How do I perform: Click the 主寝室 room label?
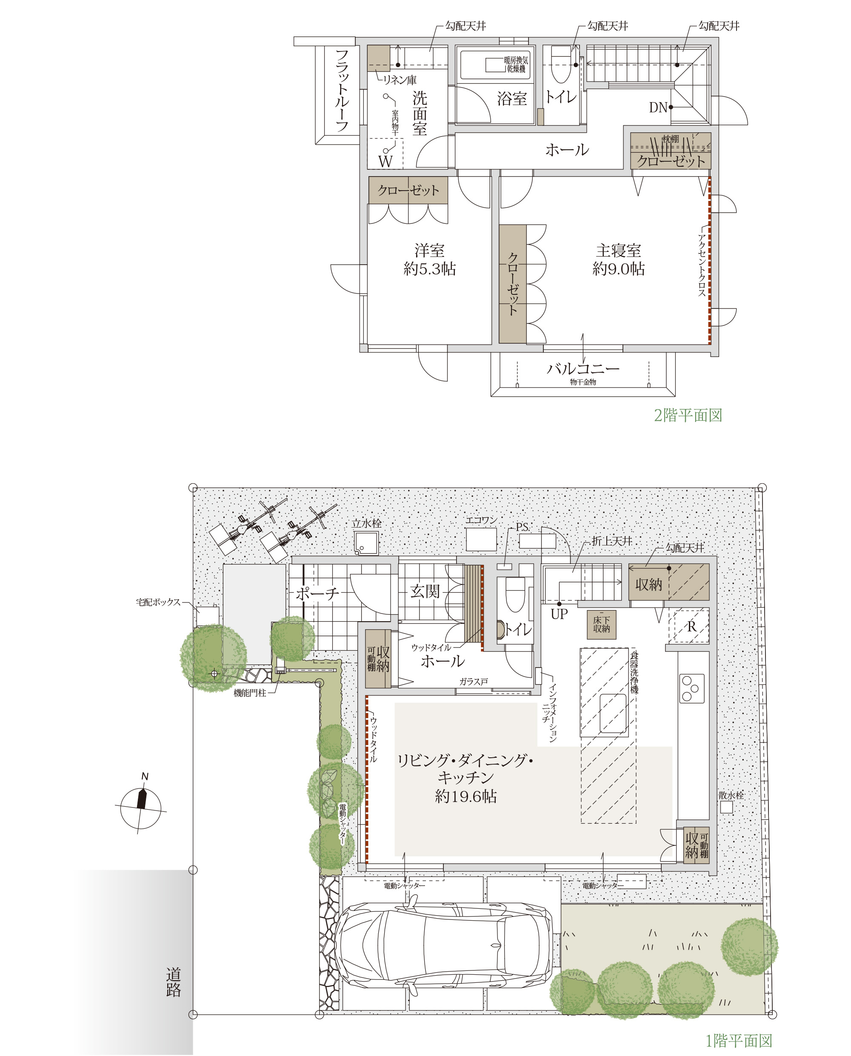(x=618, y=251)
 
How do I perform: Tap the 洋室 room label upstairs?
(x=429, y=251)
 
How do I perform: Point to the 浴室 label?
(x=512, y=99)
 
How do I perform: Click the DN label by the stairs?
(x=658, y=107)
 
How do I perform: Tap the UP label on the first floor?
(x=560, y=614)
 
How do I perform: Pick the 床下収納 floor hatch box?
(x=602, y=624)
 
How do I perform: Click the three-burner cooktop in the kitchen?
(x=692, y=688)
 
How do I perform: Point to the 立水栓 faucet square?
(x=367, y=543)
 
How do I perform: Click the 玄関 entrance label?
(x=425, y=591)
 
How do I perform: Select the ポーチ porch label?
(x=317, y=594)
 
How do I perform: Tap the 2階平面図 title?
(x=688, y=415)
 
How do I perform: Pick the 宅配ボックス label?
(x=158, y=602)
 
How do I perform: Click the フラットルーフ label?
(x=342, y=90)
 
